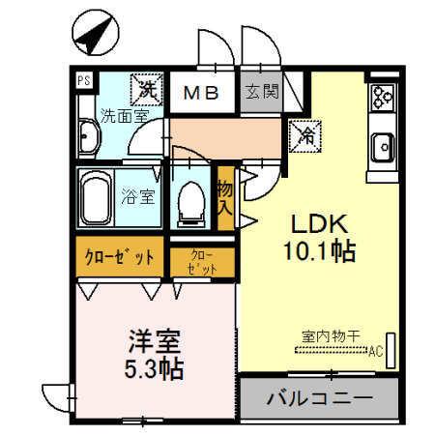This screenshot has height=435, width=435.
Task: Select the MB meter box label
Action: click(203, 94)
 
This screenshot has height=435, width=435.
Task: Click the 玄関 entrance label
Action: click(259, 94)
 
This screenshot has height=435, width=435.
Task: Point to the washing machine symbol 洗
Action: click(146, 90)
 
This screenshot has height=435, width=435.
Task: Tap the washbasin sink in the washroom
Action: click(88, 139)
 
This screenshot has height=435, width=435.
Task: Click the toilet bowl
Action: click(190, 200)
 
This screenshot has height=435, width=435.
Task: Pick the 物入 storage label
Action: click(225, 197)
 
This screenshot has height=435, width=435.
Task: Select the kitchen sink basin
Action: click(383, 147)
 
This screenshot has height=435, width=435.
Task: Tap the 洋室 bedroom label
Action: click(153, 341)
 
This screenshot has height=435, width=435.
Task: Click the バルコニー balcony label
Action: click(319, 397)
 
